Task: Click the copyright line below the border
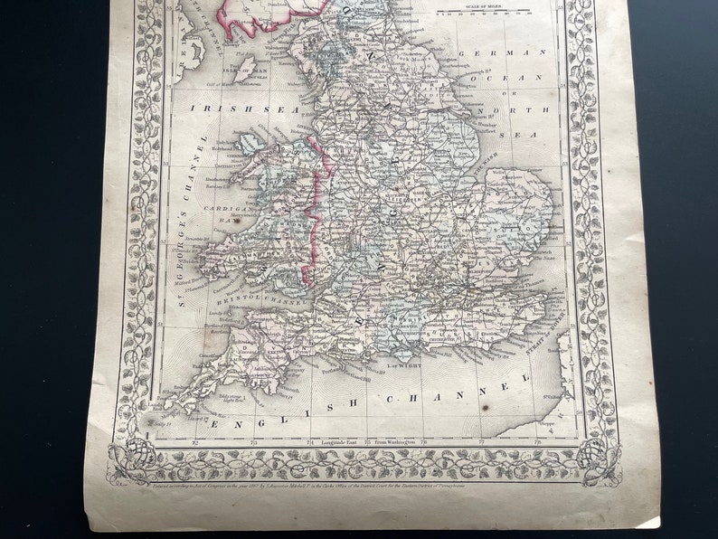pos(362,485)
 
